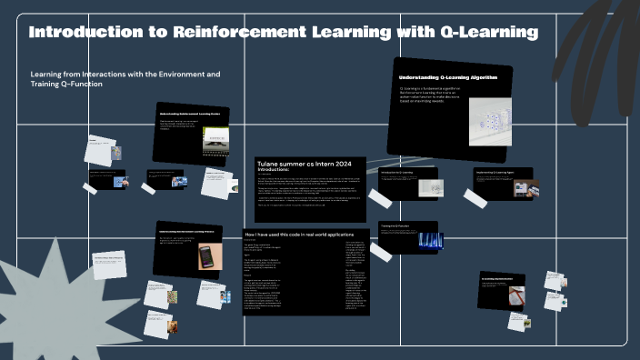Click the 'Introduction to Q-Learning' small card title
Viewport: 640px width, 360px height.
click(x=397, y=170)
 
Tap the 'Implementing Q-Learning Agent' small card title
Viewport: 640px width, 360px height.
click(x=496, y=170)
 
